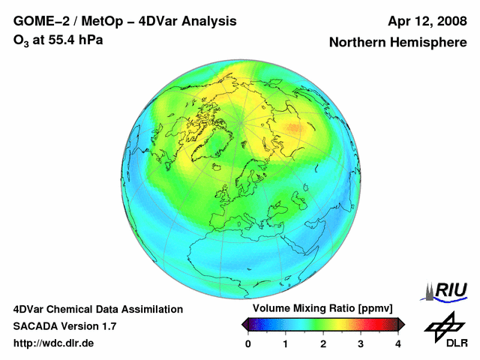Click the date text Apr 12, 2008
coord(427,22)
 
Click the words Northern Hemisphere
coord(398,42)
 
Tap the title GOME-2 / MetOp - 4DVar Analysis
coord(125,22)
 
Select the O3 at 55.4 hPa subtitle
coord(58,40)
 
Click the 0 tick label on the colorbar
coord(248,344)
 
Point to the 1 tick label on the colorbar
coord(285,344)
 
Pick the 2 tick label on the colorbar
coord(323,344)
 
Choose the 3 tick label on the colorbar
coord(361,344)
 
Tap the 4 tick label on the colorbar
coord(398,344)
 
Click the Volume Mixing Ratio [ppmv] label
coord(322,308)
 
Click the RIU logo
coord(444,292)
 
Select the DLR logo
coord(445,329)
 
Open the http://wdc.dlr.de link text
coord(53,343)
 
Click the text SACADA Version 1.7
coord(64,326)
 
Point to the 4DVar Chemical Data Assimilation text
coord(98,310)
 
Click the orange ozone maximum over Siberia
coord(295,128)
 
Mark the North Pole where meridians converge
coord(241,123)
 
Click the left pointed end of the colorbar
coord(243,325)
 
